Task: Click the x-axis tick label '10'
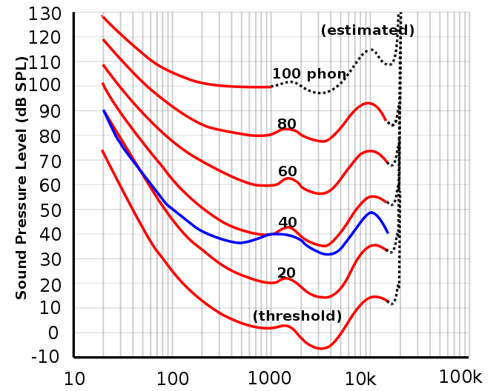point(74,379)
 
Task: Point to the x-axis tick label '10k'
point(366,379)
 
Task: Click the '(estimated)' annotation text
point(368,30)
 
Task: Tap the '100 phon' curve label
point(309,74)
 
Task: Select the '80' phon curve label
point(287,124)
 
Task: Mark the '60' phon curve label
point(288,172)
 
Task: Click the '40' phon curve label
point(288,222)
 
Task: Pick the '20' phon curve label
point(286,273)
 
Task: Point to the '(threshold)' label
point(297,315)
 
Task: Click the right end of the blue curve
point(388,233)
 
